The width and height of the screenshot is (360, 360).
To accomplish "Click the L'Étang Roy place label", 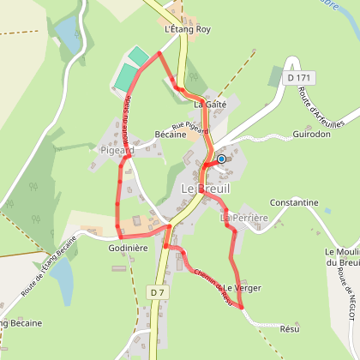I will coord(186,29).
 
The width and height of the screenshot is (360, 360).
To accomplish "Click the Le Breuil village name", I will coord(205,188).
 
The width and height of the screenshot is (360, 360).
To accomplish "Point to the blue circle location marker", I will coord(221,159).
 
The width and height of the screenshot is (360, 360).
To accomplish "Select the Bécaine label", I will coord(171,135).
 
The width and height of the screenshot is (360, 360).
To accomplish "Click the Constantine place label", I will coord(294,203).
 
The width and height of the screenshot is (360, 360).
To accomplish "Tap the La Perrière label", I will coord(239,218).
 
